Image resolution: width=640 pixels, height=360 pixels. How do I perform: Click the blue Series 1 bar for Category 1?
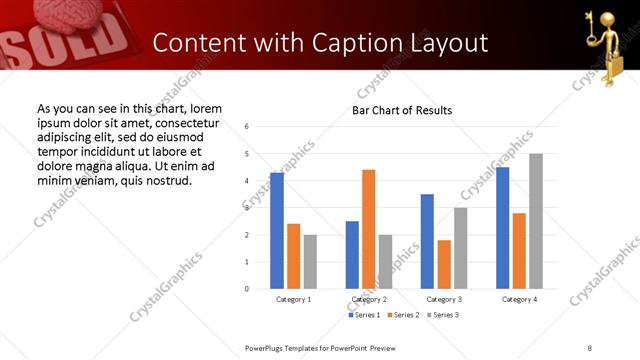[x=277, y=231]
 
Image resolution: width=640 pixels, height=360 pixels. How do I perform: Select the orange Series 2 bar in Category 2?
[x=369, y=229]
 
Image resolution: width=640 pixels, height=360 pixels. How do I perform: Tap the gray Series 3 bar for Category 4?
[x=536, y=221]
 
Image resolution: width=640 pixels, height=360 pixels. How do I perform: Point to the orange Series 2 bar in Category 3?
[x=444, y=264]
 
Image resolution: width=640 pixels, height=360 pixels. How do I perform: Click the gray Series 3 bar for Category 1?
[x=310, y=262]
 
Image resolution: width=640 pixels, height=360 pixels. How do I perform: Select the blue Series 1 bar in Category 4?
[x=503, y=228]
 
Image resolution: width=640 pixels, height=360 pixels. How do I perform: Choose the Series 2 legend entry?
[x=401, y=315]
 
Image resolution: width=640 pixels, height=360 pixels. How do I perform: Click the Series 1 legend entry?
[x=362, y=315]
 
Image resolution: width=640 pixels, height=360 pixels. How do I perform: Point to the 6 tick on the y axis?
[x=246, y=127]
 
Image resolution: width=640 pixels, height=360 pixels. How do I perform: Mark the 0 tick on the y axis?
[x=246, y=289]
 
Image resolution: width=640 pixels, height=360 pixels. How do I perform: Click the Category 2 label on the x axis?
[x=369, y=299]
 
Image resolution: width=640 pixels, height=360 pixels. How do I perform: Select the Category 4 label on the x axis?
[x=519, y=299]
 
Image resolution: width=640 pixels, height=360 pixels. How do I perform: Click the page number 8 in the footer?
[x=590, y=347]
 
